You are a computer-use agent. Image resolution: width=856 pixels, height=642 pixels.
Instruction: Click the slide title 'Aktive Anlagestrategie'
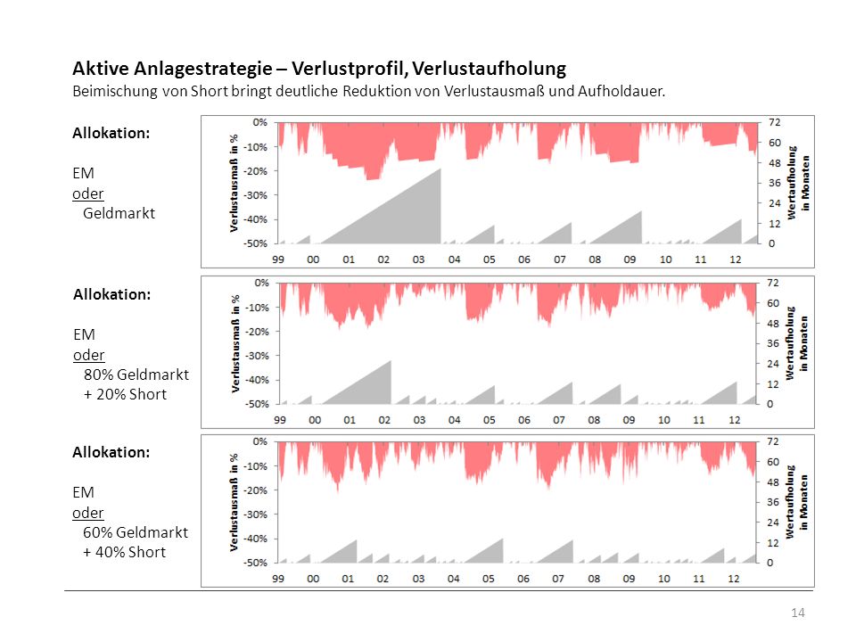[172, 69]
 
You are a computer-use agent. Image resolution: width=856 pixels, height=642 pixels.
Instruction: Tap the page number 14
[797, 613]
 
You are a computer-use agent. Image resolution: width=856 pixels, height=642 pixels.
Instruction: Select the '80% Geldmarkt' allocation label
[136, 374]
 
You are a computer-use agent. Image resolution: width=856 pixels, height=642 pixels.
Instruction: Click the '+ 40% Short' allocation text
[125, 552]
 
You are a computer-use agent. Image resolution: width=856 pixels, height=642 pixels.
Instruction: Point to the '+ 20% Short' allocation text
[125, 394]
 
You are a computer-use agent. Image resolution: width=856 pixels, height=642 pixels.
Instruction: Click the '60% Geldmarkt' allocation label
[136, 532]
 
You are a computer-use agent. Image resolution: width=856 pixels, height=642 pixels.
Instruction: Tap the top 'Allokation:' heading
[111, 133]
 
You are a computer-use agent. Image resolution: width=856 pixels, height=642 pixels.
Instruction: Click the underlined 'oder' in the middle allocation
[88, 355]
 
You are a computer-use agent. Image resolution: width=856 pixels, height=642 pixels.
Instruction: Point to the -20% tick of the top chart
[256, 171]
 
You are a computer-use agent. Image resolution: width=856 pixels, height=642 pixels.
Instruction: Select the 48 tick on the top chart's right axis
[775, 162]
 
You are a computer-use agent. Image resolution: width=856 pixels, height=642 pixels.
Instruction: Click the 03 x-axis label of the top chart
[418, 259]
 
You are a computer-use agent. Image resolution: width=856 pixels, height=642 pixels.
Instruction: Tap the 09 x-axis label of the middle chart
[629, 420]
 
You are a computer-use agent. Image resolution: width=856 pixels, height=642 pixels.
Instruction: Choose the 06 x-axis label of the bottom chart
[523, 578]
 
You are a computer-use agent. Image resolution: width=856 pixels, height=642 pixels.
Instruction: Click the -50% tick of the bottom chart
[256, 563]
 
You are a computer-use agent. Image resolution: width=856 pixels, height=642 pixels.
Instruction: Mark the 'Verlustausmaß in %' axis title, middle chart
[235, 344]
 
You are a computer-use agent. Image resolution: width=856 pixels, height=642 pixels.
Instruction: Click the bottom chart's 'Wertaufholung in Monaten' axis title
[796, 502]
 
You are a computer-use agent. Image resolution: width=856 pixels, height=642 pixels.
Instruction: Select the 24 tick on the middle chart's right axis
[773, 364]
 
